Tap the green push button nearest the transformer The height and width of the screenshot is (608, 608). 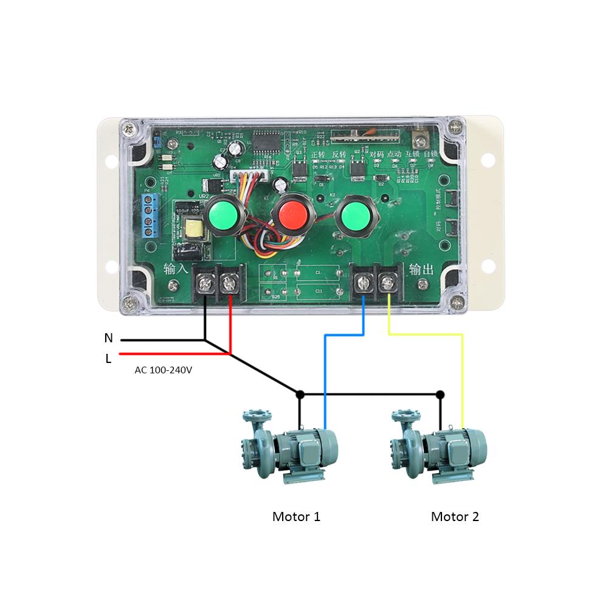(223, 215)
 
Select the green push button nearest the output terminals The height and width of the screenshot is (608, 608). (354, 215)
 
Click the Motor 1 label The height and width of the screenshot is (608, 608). (296, 517)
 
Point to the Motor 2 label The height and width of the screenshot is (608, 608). (455, 517)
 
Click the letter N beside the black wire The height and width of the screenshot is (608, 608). (109, 338)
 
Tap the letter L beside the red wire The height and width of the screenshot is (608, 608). (108, 359)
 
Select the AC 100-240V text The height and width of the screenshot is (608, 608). (163, 370)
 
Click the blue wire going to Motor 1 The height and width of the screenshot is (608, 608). (326, 377)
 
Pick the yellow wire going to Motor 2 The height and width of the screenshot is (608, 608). (462, 377)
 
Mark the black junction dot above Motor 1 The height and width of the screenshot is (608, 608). (299, 395)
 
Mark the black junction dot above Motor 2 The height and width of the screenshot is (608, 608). (440, 395)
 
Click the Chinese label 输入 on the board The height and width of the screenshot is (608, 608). (176, 269)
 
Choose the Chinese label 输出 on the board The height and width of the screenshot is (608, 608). (421, 269)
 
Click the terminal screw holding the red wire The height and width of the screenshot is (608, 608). (229, 283)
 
